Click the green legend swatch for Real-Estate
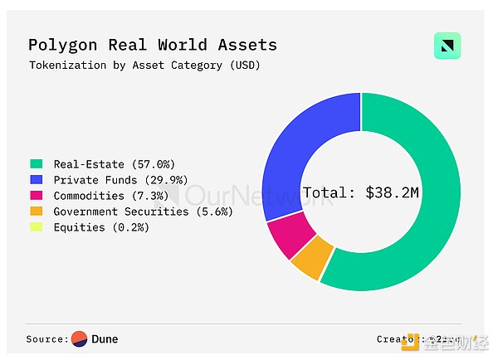coord(36,164)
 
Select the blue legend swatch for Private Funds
coord(36,180)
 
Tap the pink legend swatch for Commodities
coord(36,196)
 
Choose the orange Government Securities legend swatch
coord(36,212)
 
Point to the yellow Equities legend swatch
coord(36,227)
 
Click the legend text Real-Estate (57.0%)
coord(114,164)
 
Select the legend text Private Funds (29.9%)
coord(120,180)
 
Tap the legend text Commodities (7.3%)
coord(110,196)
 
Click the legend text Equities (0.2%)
coord(101,227)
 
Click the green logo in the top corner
coord(447,46)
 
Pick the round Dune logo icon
coord(80,338)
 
